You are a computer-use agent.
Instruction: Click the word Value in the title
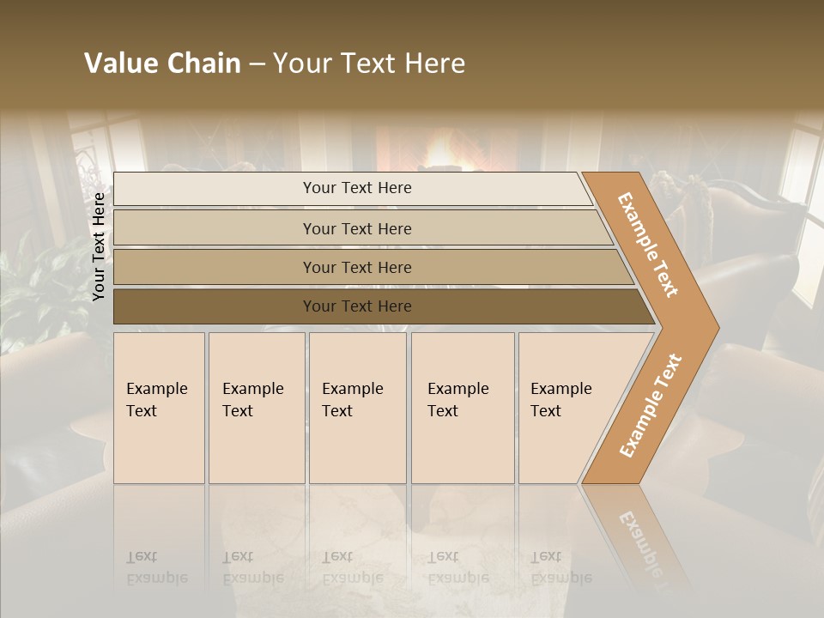[118, 64]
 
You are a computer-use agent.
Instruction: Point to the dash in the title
[257, 64]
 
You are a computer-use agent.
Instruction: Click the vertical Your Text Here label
[99, 246]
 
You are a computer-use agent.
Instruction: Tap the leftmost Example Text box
[159, 408]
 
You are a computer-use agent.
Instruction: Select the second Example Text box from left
[257, 408]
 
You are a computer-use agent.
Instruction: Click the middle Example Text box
[357, 408]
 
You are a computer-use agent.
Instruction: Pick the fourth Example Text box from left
[463, 408]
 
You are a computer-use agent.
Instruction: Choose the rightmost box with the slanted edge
[566, 408]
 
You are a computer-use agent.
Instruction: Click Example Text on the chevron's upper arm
[648, 245]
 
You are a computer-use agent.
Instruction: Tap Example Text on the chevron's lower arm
[650, 405]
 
